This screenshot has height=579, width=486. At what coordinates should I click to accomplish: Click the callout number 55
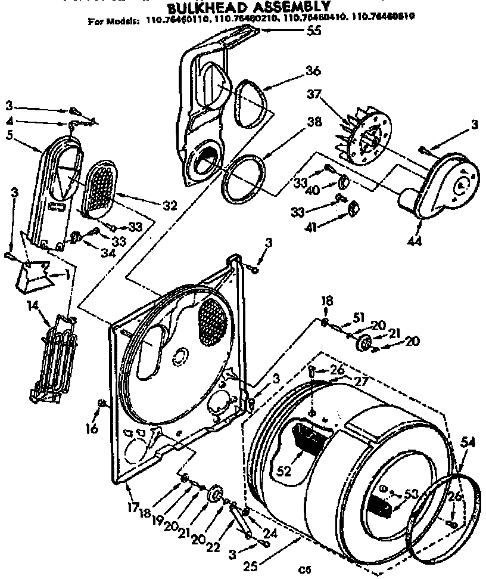tap(313, 31)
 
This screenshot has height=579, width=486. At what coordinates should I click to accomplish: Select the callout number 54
tap(468, 442)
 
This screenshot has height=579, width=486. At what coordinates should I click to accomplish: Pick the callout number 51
tap(357, 318)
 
